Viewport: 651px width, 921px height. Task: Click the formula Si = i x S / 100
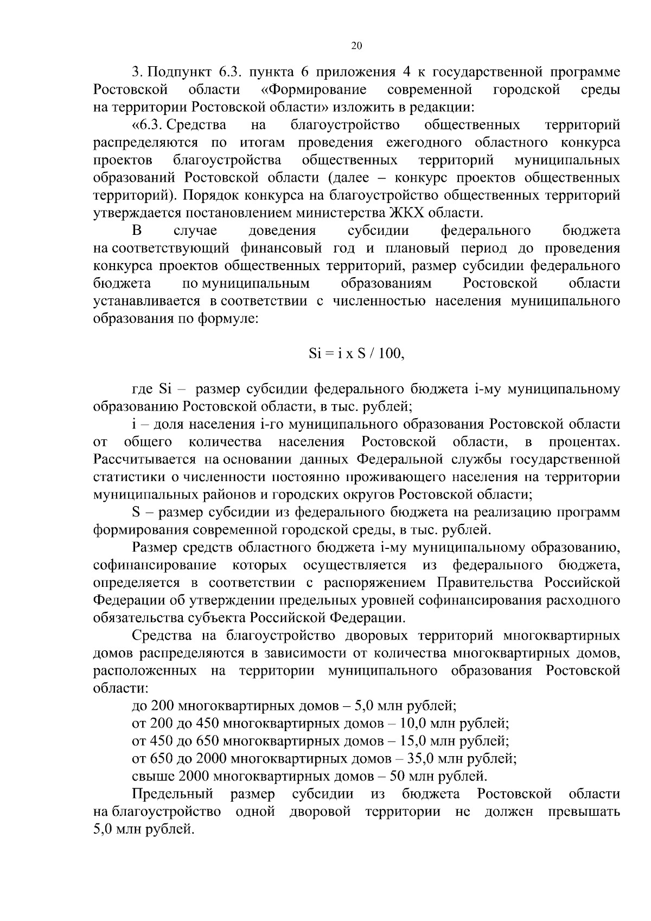click(x=356, y=354)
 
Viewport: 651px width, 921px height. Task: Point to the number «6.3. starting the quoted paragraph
click(x=148, y=125)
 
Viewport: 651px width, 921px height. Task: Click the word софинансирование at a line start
click(x=155, y=565)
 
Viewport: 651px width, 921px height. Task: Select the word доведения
click(x=282, y=231)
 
